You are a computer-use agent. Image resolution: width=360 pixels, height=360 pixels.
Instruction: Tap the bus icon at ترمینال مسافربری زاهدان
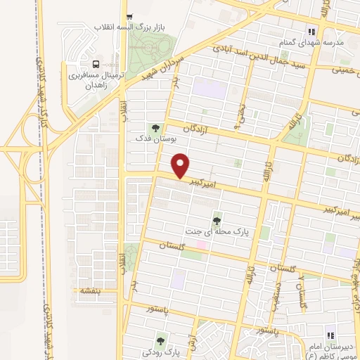pos(86,62)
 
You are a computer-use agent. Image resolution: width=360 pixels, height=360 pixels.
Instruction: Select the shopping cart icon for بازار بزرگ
pos(128,18)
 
